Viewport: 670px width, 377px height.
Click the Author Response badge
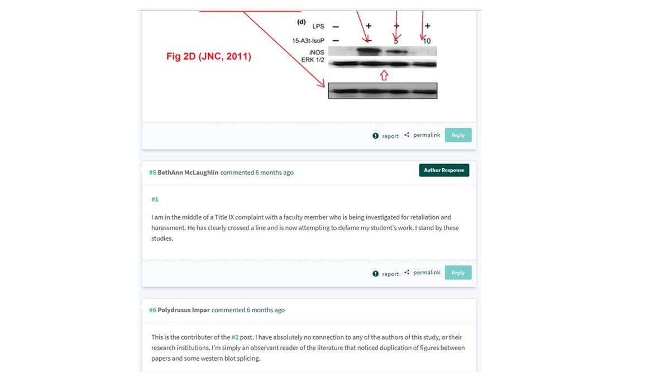coord(444,170)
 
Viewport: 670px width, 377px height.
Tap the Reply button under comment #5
coord(458,273)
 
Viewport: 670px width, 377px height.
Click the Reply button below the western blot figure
coord(458,135)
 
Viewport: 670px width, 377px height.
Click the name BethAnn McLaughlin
coord(188,173)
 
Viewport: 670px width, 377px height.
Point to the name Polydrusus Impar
coord(184,310)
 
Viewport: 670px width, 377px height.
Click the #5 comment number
coord(152,173)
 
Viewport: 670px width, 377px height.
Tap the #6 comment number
coord(152,310)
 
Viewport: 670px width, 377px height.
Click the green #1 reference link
coord(155,199)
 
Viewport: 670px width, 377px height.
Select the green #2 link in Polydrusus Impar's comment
coord(235,337)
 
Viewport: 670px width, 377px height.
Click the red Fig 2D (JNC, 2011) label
coord(209,56)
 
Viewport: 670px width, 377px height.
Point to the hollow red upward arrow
coord(384,75)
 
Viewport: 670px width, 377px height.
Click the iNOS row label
coord(317,53)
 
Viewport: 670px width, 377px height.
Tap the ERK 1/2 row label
coord(313,60)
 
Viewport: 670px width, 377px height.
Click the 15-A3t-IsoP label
coord(308,41)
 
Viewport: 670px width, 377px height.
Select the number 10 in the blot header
coord(427,41)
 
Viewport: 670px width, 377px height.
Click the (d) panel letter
coord(301,22)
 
